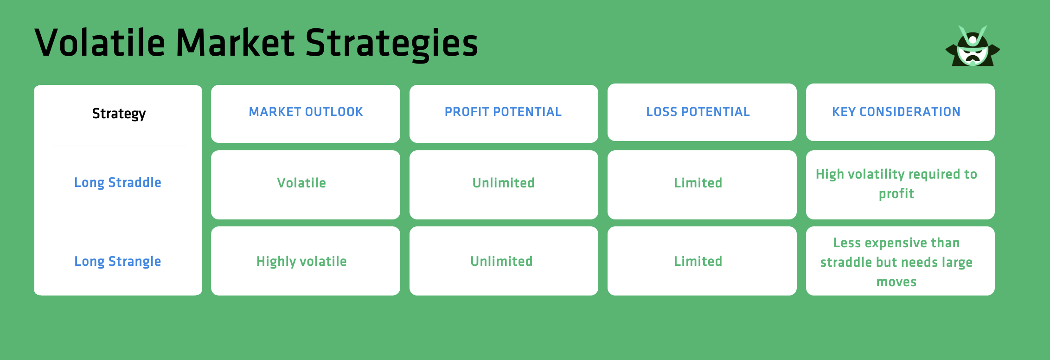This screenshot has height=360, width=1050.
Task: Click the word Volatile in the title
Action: (100, 43)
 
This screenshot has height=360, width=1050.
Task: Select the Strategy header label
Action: (119, 113)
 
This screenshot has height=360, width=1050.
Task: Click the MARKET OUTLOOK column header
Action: (306, 112)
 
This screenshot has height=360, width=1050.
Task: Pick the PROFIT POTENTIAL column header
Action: (503, 112)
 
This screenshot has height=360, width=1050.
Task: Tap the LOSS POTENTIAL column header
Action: (698, 112)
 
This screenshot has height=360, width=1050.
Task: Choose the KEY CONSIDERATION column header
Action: (896, 112)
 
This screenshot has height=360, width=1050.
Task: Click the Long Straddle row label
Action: (118, 182)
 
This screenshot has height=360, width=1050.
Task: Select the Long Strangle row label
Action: (118, 261)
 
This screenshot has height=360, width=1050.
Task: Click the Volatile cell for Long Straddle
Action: (301, 183)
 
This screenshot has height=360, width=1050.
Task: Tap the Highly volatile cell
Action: (301, 261)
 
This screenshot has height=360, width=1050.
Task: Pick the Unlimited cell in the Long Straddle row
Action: (504, 183)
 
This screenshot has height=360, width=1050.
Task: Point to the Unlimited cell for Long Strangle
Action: (502, 261)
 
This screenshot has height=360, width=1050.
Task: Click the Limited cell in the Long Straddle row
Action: (698, 183)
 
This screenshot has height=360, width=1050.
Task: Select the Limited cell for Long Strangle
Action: (698, 261)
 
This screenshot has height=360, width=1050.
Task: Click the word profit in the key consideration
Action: (896, 193)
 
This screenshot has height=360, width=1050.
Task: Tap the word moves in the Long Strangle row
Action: (896, 282)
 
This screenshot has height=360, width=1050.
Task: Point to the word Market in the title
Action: (235, 43)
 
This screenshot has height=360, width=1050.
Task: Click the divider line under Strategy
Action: (119, 146)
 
